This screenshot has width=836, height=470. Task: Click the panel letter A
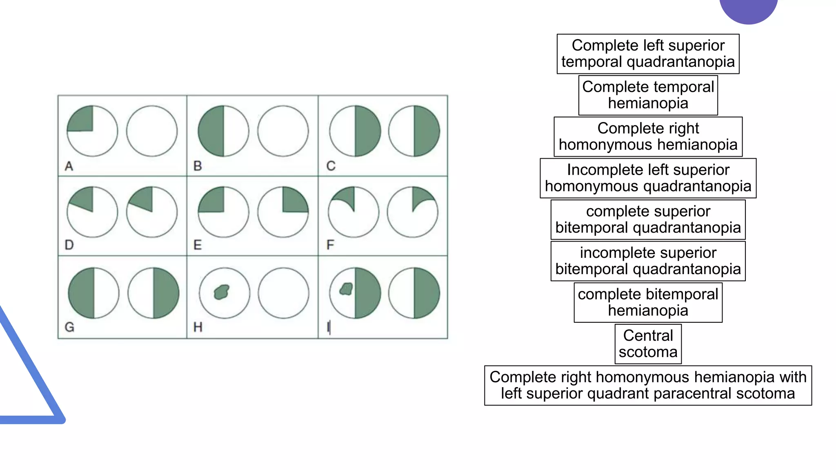(69, 166)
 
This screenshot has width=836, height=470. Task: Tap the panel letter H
(198, 327)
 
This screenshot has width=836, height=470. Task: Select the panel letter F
(330, 245)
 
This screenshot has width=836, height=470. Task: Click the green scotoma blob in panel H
(222, 292)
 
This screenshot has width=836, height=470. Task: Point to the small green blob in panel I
(347, 289)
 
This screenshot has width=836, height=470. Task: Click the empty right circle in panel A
(152, 131)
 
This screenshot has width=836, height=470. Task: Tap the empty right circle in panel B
(283, 131)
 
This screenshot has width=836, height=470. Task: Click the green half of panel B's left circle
(211, 131)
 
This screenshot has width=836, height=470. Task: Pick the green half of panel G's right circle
(165, 293)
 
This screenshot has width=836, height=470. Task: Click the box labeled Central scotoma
(648, 344)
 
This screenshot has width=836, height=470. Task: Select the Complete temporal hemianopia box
(648, 95)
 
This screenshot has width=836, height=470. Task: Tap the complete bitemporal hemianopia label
(648, 302)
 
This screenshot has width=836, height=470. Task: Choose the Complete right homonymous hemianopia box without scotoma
(648, 137)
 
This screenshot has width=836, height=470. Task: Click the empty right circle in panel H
(283, 293)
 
